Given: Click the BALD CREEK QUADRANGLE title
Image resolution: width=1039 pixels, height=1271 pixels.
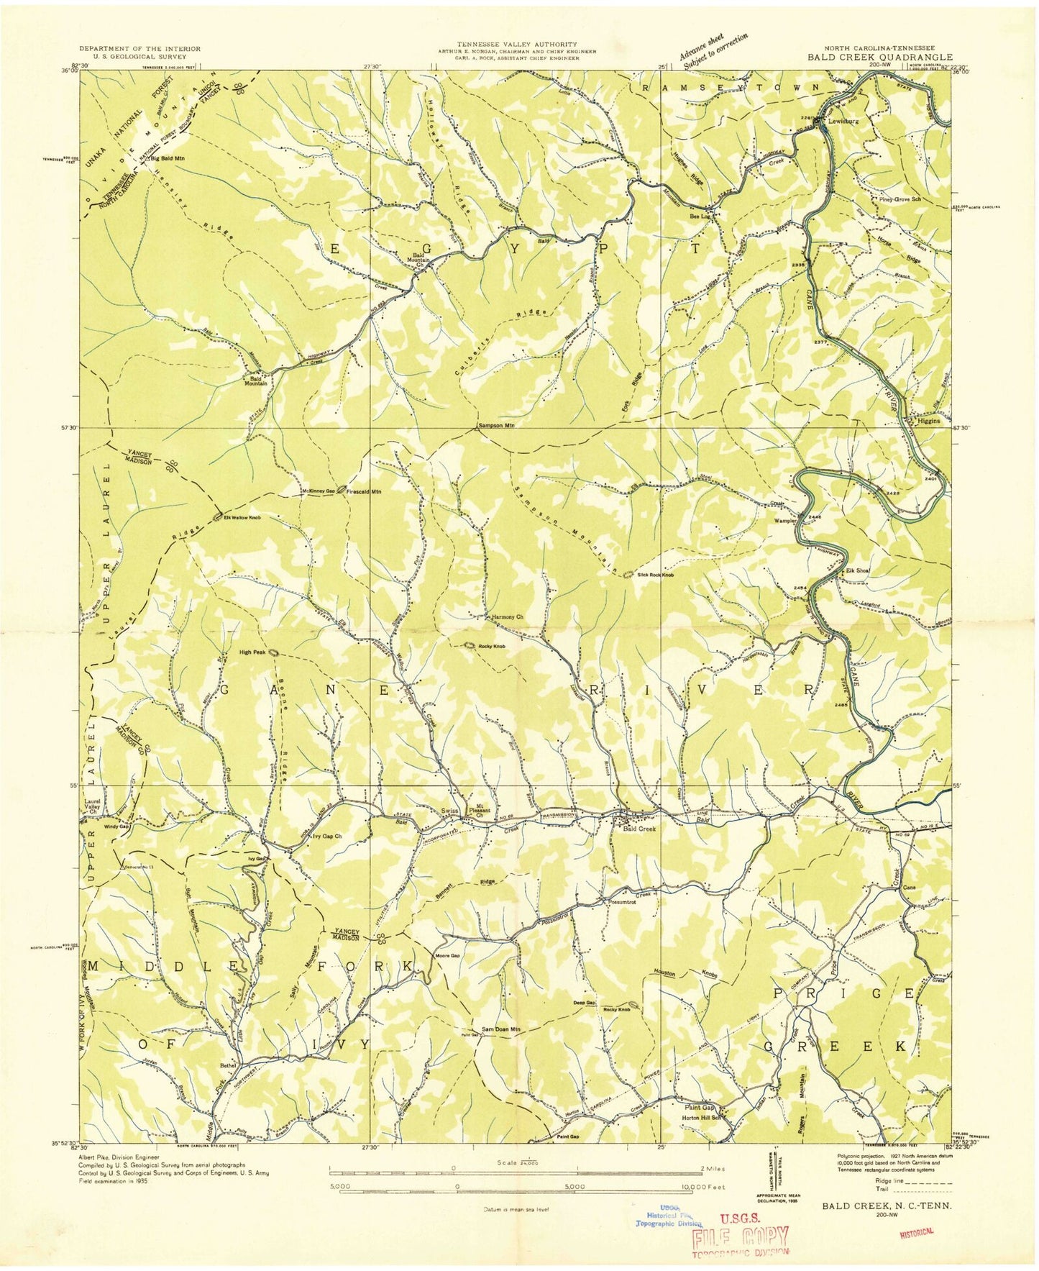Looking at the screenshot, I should tap(879, 57).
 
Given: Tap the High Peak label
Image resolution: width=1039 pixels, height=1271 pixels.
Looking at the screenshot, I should tap(252, 652).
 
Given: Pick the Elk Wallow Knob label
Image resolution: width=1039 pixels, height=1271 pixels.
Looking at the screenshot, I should tap(241, 517).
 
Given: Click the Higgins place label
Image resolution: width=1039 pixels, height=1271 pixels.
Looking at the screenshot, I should tap(928, 421).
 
